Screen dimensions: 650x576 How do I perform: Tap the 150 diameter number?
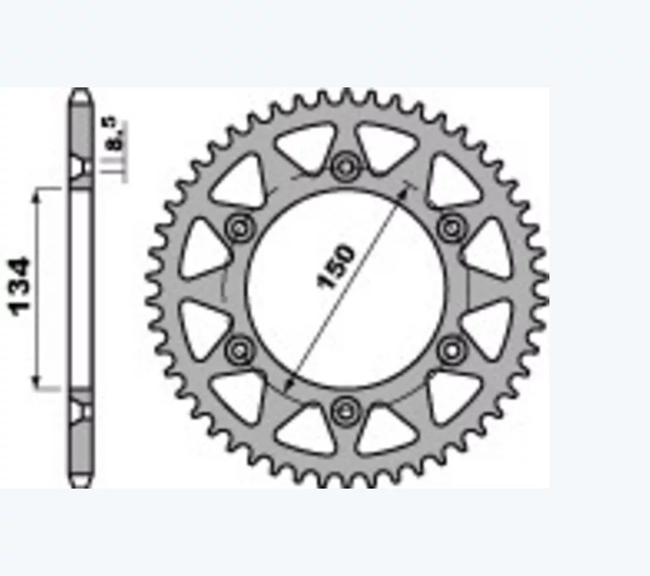click(336, 266)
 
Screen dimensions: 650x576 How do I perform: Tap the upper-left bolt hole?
click(240, 228)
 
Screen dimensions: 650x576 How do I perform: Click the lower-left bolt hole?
click(240, 351)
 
